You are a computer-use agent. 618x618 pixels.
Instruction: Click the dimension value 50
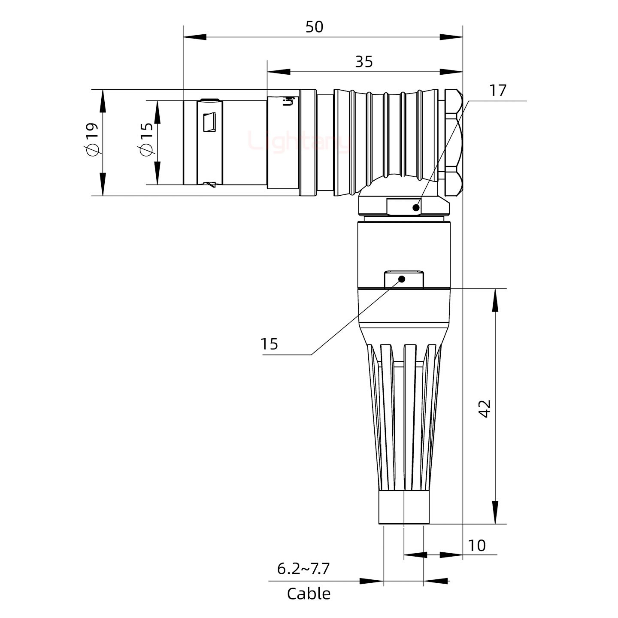(314, 27)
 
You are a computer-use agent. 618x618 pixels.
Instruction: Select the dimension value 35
(364, 62)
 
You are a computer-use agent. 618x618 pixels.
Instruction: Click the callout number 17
(498, 91)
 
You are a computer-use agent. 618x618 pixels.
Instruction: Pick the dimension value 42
(485, 409)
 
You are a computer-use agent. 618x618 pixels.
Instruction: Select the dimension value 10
(477, 545)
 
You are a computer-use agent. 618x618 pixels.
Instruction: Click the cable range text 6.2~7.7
(303, 569)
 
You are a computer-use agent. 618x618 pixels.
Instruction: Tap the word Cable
(309, 594)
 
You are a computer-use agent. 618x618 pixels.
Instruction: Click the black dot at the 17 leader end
(415, 208)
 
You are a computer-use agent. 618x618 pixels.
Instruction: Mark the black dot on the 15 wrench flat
(402, 279)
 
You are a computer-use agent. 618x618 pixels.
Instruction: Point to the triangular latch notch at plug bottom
(211, 185)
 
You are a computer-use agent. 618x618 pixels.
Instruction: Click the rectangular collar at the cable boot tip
(404, 508)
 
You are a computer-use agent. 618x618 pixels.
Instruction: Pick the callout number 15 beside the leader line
(270, 344)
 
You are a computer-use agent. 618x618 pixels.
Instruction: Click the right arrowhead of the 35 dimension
(451, 72)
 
